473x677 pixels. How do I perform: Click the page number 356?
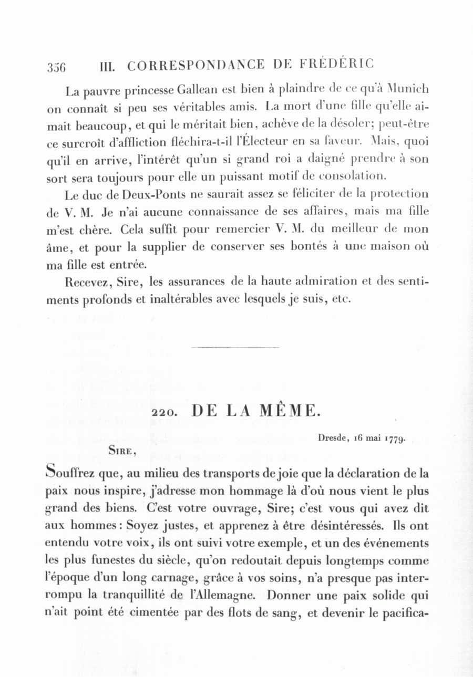coord(56,67)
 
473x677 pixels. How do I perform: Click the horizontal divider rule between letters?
coord(236,347)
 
